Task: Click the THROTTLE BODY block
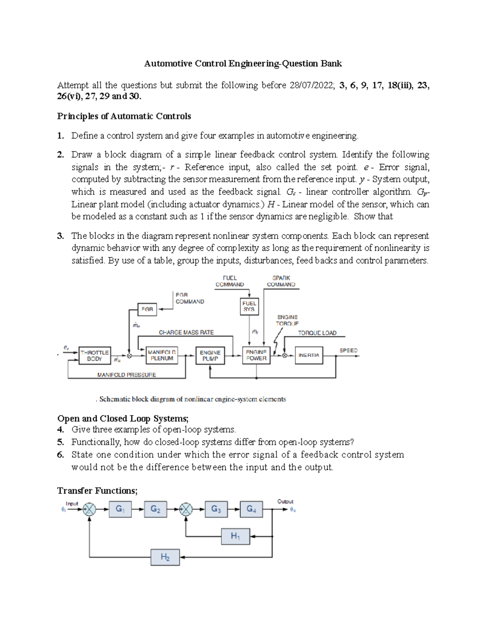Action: tap(94, 355)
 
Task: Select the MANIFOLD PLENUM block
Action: tap(162, 355)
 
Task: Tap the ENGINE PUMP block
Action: tap(210, 355)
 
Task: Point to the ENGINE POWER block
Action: tap(256, 355)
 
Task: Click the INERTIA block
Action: tap(309, 355)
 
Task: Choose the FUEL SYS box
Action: tap(249, 306)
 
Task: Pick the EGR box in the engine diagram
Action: tap(147, 309)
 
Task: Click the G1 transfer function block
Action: tap(120, 509)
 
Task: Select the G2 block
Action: tap(155, 509)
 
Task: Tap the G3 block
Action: tap(216, 509)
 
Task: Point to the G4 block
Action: tap(251, 509)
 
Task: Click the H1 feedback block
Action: tap(235, 536)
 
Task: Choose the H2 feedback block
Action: tap(165, 557)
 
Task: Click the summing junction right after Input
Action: tap(89, 510)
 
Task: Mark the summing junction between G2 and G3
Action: tap(186, 510)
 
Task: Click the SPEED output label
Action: tap(348, 350)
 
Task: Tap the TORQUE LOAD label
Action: tap(317, 333)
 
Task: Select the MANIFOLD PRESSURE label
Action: tap(127, 375)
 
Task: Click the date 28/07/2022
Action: tap(311, 86)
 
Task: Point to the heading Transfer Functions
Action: tap(97, 491)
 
